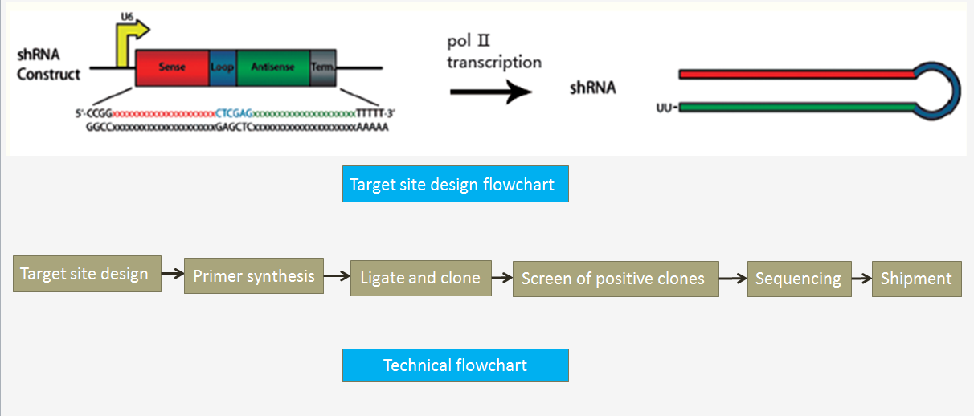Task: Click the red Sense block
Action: coord(172,67)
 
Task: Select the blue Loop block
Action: coord(222,67)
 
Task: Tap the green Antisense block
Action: coord(272,67)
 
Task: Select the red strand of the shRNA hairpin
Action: coord(796,75)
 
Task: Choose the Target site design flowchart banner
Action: coord(455,184)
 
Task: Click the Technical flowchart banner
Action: coord(455,365)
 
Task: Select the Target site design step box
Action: coord(87,273)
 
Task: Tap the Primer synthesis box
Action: coord(254,276)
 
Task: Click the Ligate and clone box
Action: coord(420,278)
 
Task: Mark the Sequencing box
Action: coord(798,279)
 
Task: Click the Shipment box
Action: coord(916,279)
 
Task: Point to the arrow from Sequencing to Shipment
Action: coord(861,279)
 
